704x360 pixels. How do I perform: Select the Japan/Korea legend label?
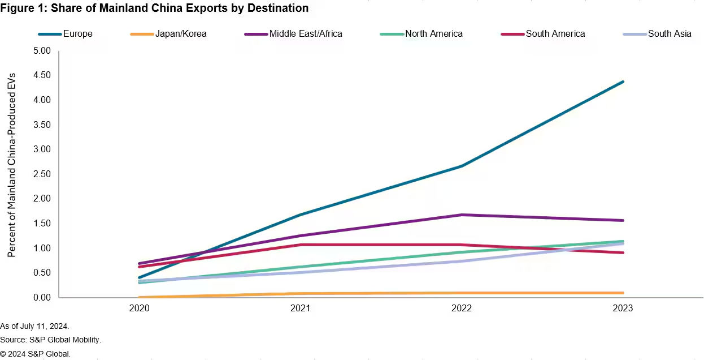[180, 34]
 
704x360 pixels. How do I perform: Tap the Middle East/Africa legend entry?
[305, 34]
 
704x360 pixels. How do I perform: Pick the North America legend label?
[433, 34]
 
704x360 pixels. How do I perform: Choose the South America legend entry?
[555, 34]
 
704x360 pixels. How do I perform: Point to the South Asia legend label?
[670, 34]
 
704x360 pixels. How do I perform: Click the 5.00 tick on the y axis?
[42, 51]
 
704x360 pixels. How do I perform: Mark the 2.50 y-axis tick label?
[42, 174]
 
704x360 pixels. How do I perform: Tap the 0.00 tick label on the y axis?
[42, 297]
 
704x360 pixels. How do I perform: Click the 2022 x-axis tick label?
[462, 308]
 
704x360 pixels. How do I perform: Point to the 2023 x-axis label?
[623, 308]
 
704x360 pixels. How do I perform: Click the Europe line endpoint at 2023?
[623, 82]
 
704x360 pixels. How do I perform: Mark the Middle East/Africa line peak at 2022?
[462, 215]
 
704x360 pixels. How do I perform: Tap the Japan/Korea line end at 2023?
[623, 293]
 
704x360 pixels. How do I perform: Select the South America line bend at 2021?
[300, 245]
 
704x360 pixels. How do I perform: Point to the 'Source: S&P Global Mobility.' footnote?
[50, 340]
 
